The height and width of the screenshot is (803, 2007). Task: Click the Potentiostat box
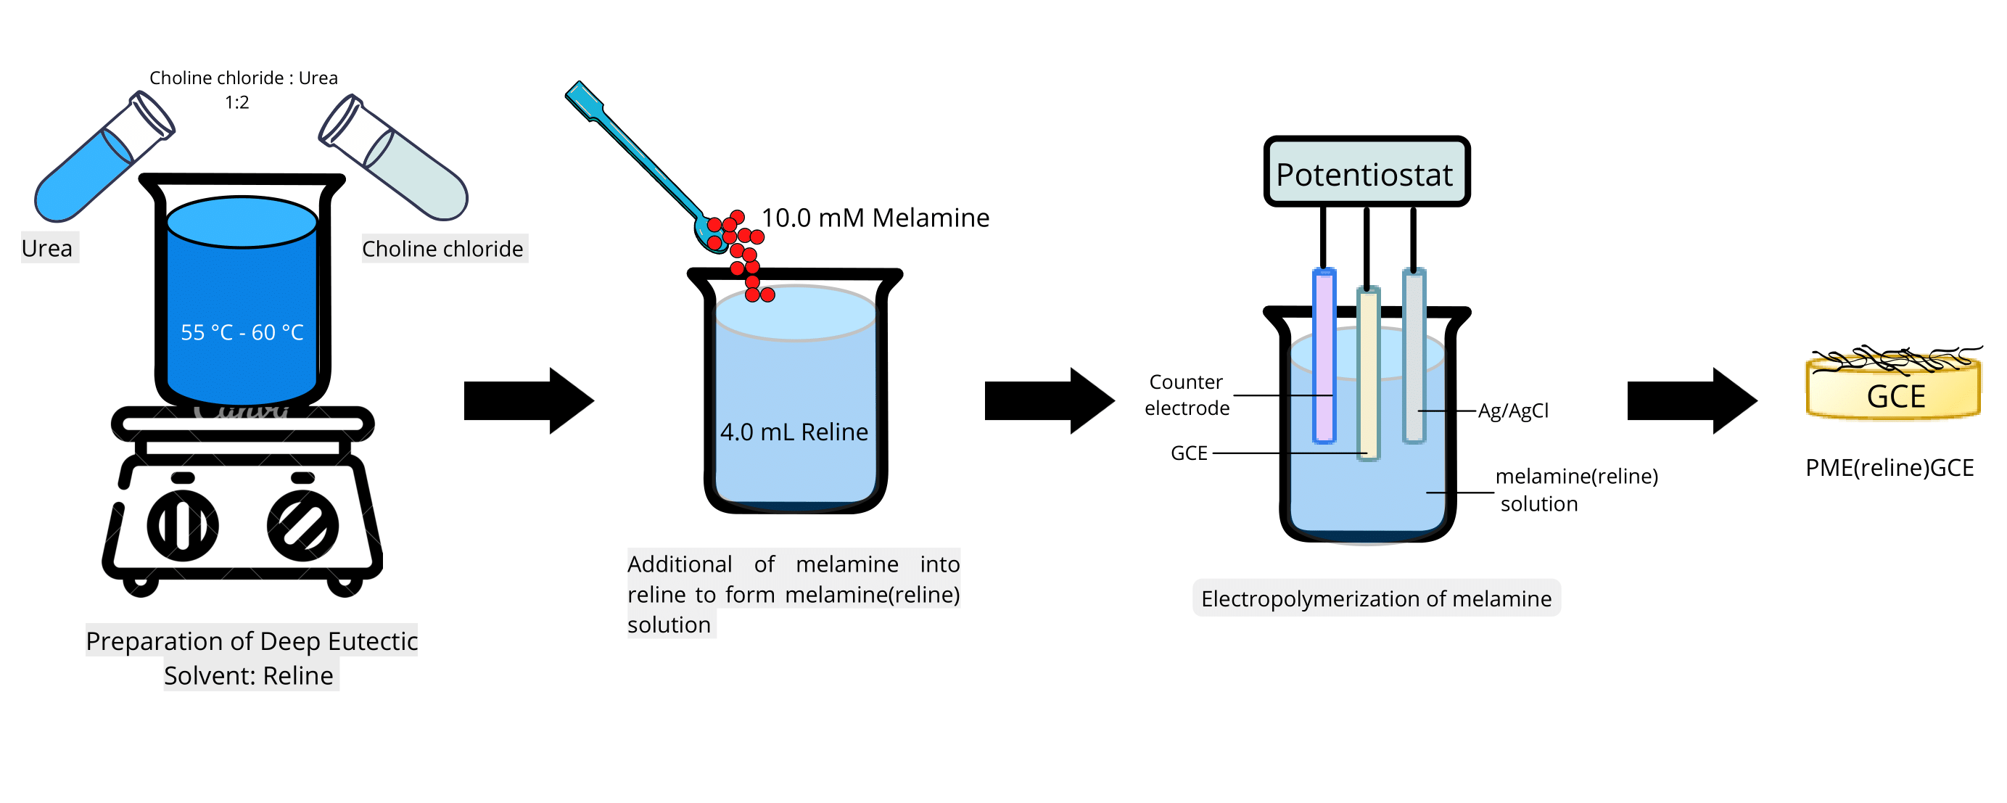tap(1366, 172)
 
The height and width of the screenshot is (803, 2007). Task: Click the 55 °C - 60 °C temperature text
tap(242, 332)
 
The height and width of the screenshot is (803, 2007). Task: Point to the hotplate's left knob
tap(182, 526)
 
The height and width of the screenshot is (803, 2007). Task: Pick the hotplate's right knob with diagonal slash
tap(302, 526)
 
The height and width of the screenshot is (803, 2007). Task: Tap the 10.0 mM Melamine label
tap(875, 218)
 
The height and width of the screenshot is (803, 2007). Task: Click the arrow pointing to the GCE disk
tap(1691, 400)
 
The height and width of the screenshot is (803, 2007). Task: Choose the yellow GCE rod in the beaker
tap(1368, 374)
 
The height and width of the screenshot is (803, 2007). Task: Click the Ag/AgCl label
tap(1513, 411)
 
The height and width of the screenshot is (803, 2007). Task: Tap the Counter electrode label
tap(1187, 395)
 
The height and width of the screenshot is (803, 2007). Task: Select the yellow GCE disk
tap(1893, 393)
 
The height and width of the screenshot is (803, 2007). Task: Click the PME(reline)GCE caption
tap(1889, 467)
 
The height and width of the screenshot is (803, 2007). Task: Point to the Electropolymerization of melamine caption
tap(1376, 598)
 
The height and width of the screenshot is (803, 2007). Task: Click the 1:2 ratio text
tap(237, 102)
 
